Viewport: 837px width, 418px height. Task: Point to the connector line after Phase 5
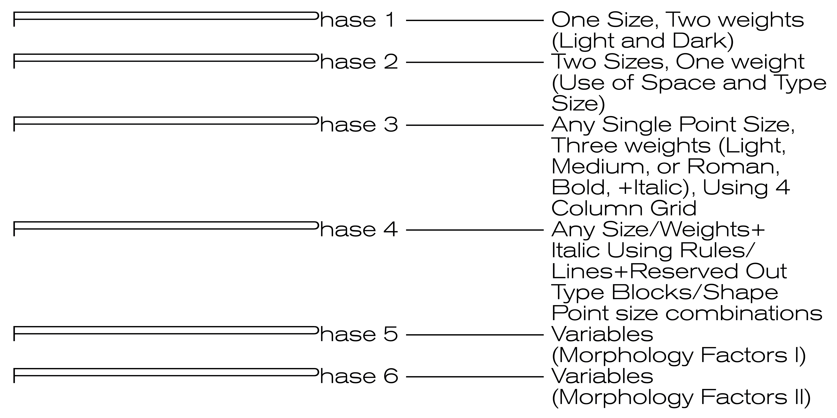474,335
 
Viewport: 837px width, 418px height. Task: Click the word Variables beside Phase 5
602,335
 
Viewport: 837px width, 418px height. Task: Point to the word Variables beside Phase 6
602,377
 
